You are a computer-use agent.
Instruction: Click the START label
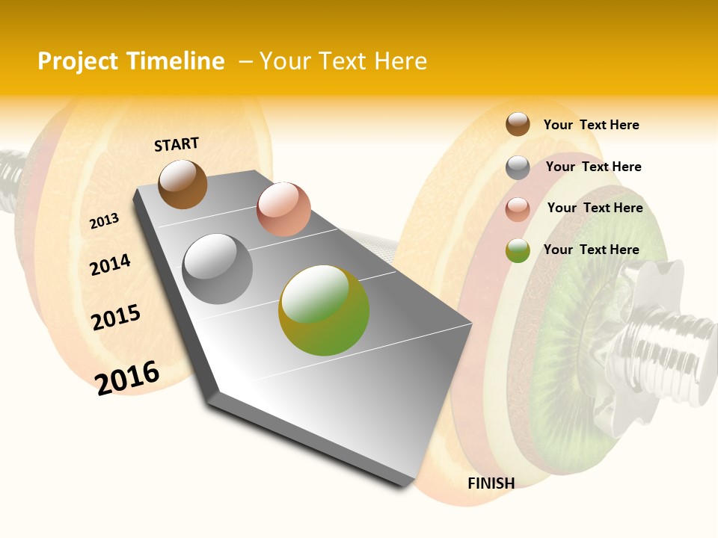pyautogui.click(x=177, y=144)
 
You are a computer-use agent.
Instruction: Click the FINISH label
pyautogui.click(x=491, y=483)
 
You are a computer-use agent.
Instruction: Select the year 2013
pyautogui.click(x=104, y=221)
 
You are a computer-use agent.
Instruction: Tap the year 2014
pyautogui.click(x=110, y=265)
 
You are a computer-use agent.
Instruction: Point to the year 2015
pyautogui.click(x=115, y=318)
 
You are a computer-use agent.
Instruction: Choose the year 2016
pyautogui.click(x=127, y=378)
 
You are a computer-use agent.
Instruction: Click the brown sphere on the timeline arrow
pyautogui.click(x=182, y=184)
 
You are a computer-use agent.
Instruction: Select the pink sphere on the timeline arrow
pyautogui.click(x=283, y=208)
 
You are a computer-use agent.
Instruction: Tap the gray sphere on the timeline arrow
pyautogui.click(x=218, y=269)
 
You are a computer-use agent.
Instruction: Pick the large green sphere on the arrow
pyautogui.click(x=324, y=310)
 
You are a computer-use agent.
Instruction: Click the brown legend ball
pyautogui.click(x=518, y=124)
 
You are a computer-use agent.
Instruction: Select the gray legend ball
pyautogui.click(x=518, y=167)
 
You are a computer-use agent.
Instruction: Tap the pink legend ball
pyautogui.click(x=518, y=209)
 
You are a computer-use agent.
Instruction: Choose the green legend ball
pyautogui.click(x=518, y=250)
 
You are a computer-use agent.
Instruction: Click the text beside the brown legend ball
pyautogui.click(x=591, y=125)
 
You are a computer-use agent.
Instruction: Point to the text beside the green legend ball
pyautogui.click(x=591, y=250)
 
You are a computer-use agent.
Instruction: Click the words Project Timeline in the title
pyautogui.click(x=131, y=61)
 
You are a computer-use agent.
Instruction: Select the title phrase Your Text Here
pyautogui.click(x=343, y=61)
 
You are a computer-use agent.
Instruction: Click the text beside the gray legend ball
pyautogui.click(x=593, y=167)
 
